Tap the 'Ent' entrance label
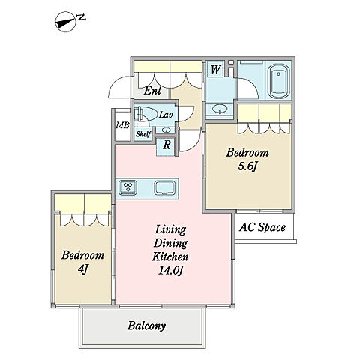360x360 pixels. tap(152, 90)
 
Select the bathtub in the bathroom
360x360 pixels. tap(278, 82)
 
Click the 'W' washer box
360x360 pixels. tap(215, 69)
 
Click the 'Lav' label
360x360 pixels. tap(166, 115)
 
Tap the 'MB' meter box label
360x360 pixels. tap(122, 125)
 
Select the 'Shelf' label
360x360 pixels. tap(143, 134)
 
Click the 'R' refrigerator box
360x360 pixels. tap(166, 145)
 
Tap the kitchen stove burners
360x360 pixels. tap(128, 187)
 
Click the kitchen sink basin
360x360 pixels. tap(164, 187)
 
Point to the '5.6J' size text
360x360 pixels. tap(247, 166)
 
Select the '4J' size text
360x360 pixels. tap(83, 268)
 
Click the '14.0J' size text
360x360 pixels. tap(170, 270)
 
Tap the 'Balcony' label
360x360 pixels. tap(146, 325)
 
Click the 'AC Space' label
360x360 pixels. tap(262, 227)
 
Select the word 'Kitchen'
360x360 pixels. tap(170, 256)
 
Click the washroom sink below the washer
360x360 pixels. tap(220, 109)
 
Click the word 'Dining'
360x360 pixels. tap(170, 243)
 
